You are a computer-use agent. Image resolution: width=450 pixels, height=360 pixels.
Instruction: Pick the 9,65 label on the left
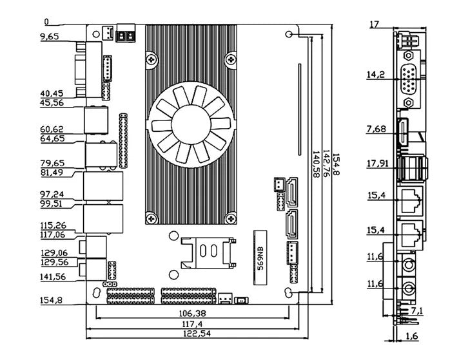click(49, 37)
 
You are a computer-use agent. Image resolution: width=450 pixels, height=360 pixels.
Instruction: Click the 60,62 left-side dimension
click(51, 129)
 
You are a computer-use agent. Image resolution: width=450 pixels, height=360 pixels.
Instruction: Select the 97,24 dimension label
click(51, 194)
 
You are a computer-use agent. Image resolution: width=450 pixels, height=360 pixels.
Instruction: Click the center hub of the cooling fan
click(189, 122)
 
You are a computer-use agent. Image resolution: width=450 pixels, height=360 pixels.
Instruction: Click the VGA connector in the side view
click(408, 84)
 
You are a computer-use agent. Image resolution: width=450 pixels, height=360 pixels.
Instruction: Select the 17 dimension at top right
click(375, 24)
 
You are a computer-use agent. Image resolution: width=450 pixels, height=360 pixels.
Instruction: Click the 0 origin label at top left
click(46, 22)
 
